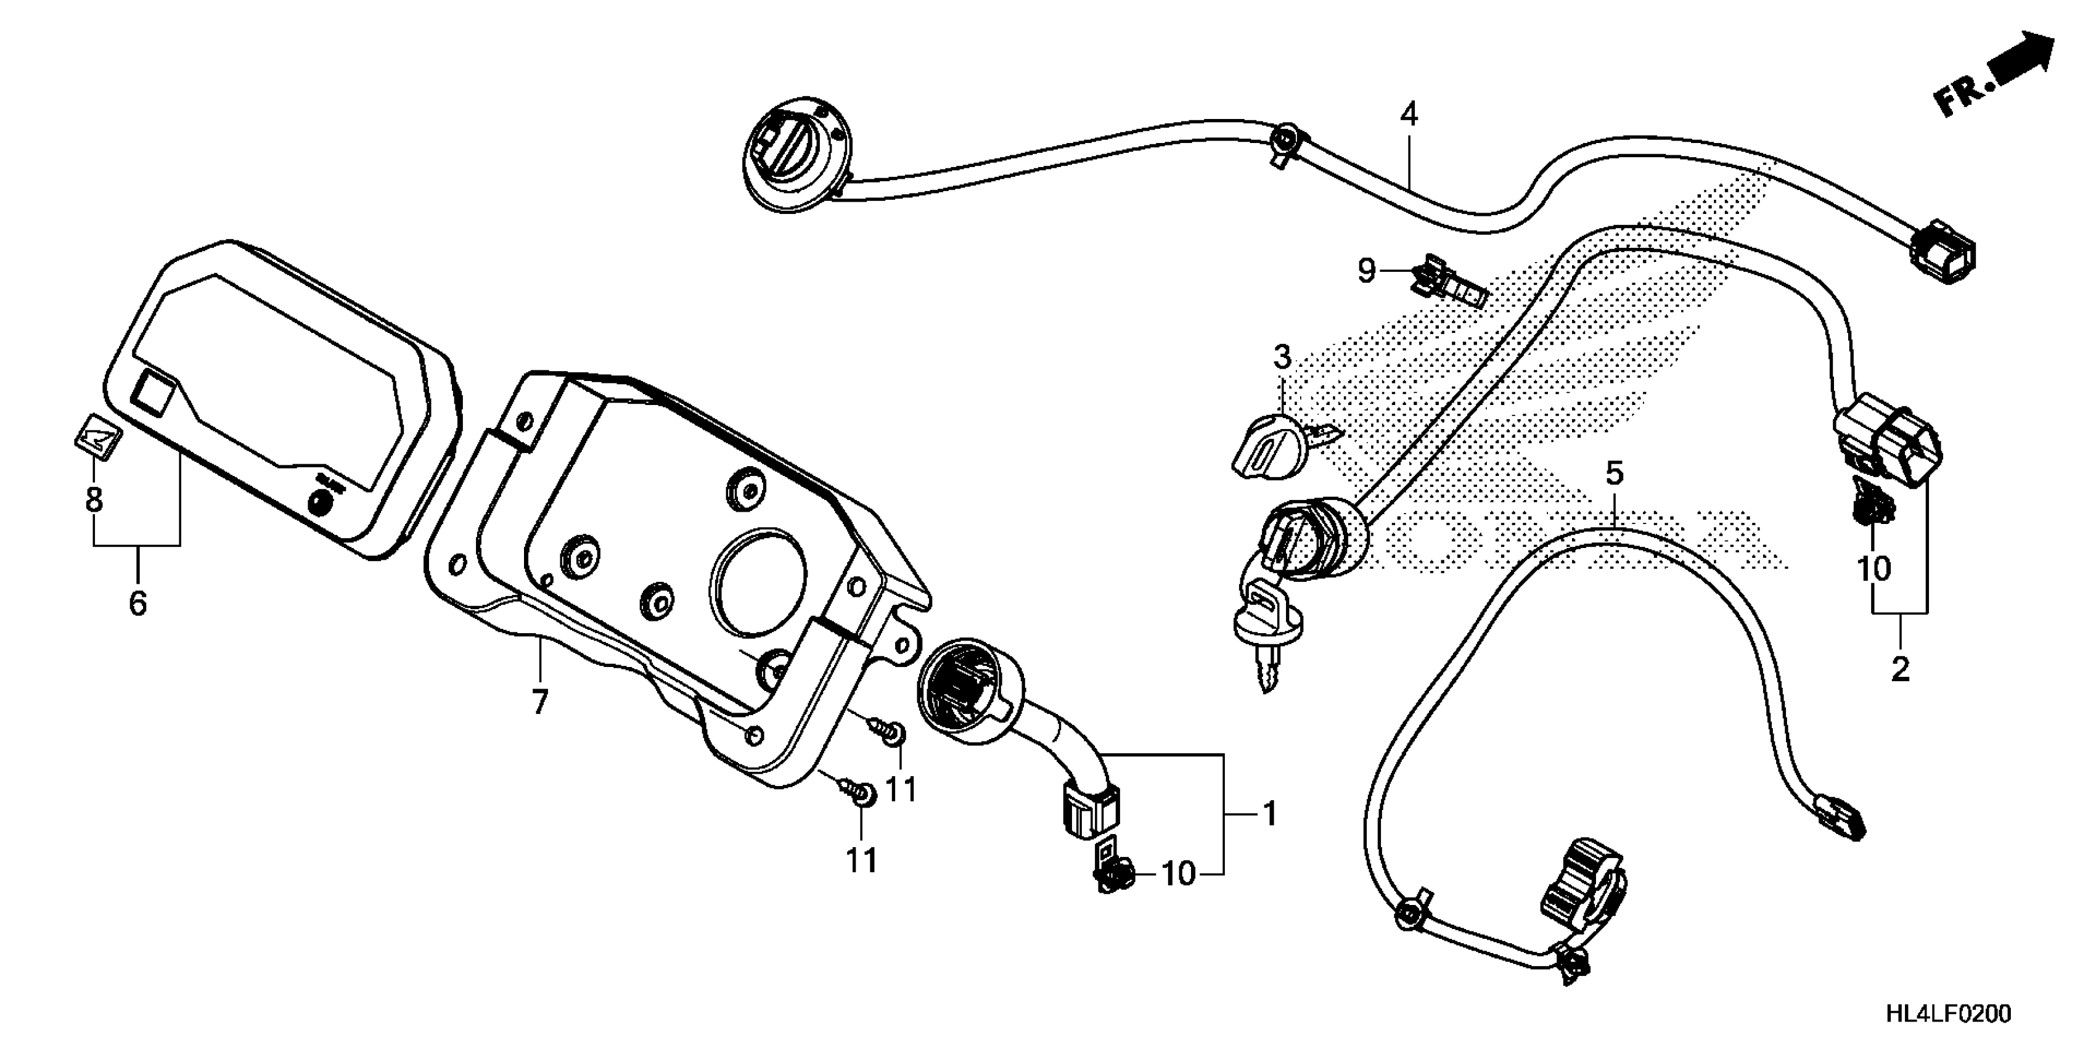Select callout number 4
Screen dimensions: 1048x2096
coord(1409,115)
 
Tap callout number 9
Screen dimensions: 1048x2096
coord(1366,270)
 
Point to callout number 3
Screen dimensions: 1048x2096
coord(1282,356)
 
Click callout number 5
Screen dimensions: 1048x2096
coord(1615,473)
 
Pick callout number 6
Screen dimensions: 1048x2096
coord(137,603)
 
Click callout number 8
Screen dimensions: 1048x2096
coord(94,499)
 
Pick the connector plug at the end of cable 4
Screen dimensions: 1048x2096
coord(1943,252)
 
